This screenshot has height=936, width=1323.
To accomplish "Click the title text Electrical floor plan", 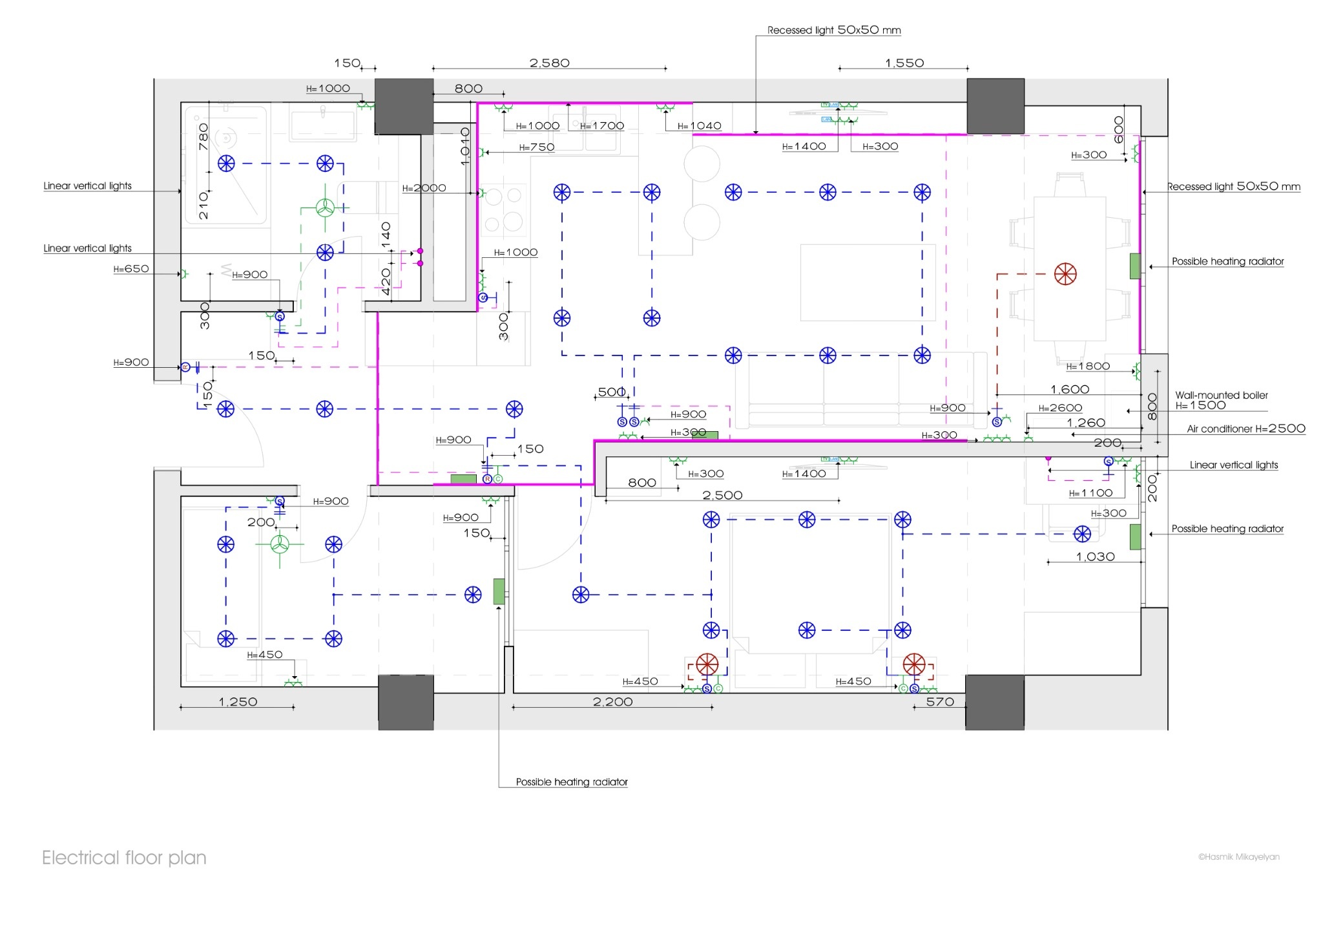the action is coord(124,858).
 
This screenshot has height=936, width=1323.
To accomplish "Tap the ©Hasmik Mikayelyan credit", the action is coord(1238,857).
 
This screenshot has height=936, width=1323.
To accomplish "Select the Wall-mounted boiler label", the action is coord(1221,395).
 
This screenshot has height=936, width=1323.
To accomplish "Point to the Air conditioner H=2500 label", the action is coord(1245,429).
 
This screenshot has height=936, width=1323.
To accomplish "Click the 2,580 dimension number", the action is coord(549,63).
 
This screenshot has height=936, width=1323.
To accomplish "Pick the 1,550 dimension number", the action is coord(904,63).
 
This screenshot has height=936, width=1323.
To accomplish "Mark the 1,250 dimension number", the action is coord(238,701).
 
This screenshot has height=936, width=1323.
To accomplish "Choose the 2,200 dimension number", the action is coord(612,701).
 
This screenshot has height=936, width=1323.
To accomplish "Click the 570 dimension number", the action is coord(940,701).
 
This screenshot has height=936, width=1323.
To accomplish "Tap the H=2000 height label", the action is coord(424,188).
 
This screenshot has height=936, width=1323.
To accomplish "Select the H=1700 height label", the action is coord(602,126).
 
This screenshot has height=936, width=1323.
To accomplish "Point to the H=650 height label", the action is coord(131,269).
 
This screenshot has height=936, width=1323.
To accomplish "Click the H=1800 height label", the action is coord(1088,366).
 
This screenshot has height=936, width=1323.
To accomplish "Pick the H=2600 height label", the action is coord(1060,408).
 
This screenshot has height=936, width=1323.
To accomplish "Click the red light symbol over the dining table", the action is coord(1065,274).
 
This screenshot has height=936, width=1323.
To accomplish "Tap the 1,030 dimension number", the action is coord(1095,557).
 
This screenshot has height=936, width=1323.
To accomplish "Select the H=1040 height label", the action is coord(699,126).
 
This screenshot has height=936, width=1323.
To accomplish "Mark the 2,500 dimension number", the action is coord(722,495).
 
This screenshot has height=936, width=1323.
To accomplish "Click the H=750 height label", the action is coord(537,147).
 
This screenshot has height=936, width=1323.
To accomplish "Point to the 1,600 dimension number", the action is coord(1070,389).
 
